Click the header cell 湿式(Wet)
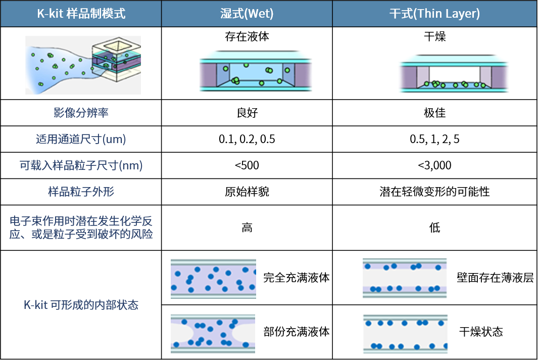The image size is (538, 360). [x=247, y=14]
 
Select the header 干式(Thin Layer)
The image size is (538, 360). [x=434, y=14]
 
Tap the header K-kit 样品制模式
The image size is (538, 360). [x=81, y=14]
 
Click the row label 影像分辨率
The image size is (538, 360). [x=81, y=113]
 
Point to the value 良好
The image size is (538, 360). [x=247, y=113]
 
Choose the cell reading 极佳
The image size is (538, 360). [x=435, y=113]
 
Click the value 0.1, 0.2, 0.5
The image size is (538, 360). [x=247, y=139]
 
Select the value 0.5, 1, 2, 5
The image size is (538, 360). [x=435, y=139]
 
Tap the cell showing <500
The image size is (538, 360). [x=247, y=165]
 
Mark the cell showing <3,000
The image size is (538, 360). [x=435, y=165]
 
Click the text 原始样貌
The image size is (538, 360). [x=247, y=192]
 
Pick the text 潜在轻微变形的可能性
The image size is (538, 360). [x=435, y=192]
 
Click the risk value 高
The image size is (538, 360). [x=247, y=228]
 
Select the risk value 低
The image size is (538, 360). [x=435, y=228]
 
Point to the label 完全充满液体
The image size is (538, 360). [x=297, y=278]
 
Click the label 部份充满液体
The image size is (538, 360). [x=297, y=332]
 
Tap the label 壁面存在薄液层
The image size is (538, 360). [x=495, y=278]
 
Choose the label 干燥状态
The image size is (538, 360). [x=481, y=332]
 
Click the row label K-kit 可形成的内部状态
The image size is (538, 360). [x=81, y=305]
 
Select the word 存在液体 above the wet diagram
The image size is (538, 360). [x=247, y=36]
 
